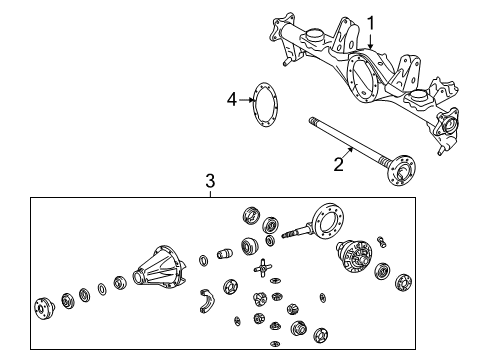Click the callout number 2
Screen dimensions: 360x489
(x=339, y=165)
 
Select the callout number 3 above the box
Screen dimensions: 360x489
(x=210, y=181)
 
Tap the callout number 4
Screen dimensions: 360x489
(x=231, y=99)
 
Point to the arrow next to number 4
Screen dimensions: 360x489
(x=246, y=100)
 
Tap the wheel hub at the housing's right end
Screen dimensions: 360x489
(x=446, y=125)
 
